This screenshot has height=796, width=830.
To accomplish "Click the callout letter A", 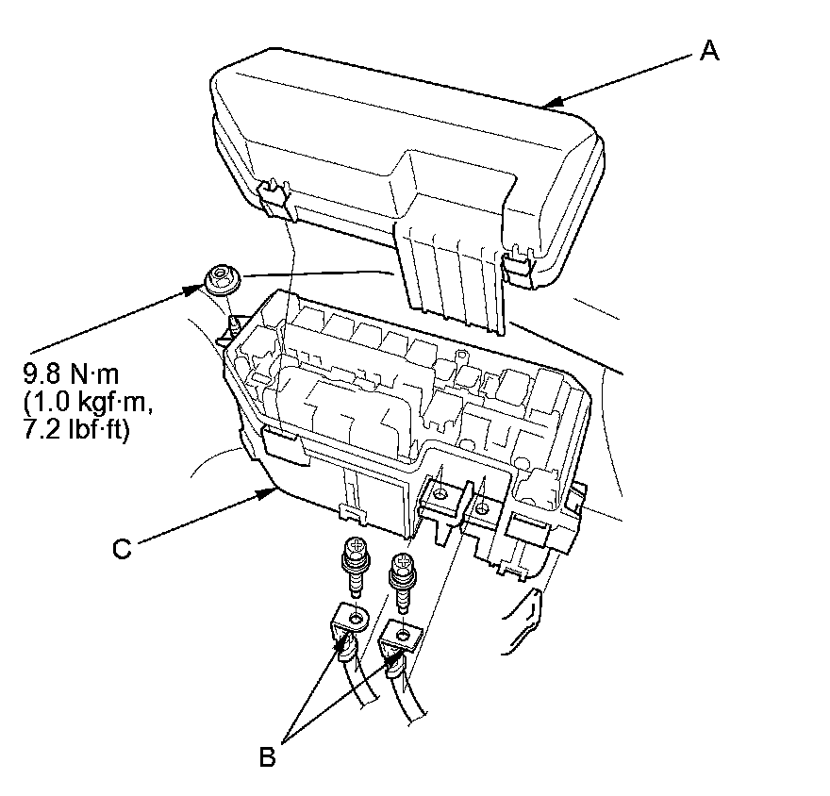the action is [x=709, y=51].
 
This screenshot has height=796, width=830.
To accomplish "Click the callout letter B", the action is [x=268, y=756].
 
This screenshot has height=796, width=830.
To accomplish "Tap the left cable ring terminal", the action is [x=352, y=622].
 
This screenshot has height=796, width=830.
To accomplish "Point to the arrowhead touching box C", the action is [x=269, y=491].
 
